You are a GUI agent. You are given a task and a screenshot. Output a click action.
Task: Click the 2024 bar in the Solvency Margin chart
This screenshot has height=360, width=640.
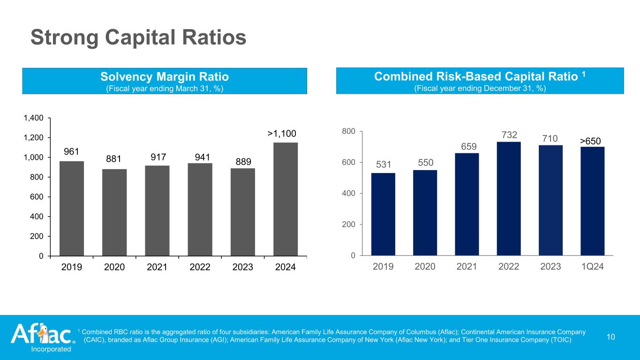click(285, 199)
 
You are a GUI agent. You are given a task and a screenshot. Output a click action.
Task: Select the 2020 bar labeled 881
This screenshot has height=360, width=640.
click(114, 212)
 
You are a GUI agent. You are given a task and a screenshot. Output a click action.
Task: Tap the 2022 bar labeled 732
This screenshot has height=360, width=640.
click(509, 198)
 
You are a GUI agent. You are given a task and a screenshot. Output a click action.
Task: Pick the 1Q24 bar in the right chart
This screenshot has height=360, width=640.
click(592, 201)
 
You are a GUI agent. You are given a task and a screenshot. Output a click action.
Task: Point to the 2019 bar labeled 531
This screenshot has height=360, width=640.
click(383, 214)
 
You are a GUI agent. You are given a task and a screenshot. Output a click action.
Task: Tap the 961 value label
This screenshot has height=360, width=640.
click(72, 152)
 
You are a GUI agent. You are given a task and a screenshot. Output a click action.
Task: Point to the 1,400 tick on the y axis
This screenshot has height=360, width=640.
click(34, 118)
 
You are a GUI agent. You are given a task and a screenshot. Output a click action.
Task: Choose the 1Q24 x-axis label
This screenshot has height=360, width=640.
click(592, 267)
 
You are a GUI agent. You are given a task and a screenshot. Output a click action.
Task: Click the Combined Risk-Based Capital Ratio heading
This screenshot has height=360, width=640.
click(477, 76)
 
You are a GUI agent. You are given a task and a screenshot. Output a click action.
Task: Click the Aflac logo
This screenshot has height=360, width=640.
click(41, 334)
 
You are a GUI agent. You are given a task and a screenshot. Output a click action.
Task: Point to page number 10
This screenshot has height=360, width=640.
click(610, 336)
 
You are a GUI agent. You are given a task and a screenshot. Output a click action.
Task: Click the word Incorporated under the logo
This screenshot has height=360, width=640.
click(51, 349)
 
